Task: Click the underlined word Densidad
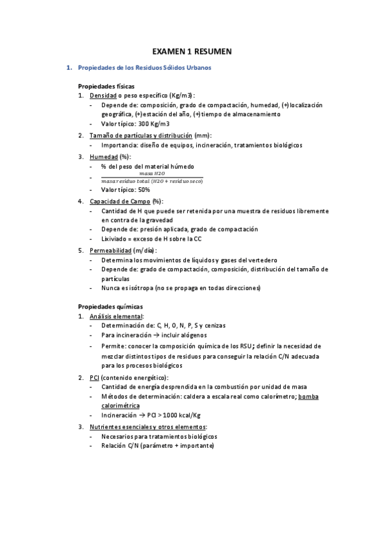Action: pos(103,95)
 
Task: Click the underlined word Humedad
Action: pos(104,156)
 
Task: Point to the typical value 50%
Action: pos(144,190)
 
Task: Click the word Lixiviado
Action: pos(115,239)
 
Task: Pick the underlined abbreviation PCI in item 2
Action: pos(94,377)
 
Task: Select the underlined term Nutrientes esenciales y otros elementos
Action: pos(147,427)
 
